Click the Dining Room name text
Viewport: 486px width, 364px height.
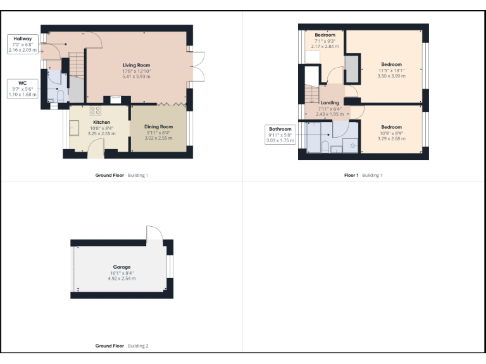pyautogui.click(x=158, y=127)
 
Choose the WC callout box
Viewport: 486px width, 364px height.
pyautogui.click(x=22, y=88)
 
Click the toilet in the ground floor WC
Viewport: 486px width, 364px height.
pyautogui.click(x=59, y=97)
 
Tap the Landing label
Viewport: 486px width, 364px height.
pyautogui.click(x=329, y=102)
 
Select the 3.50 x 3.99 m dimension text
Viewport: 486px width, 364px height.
pyautogui.click(x=391, y=75)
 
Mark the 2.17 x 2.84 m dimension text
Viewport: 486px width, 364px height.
pyautogui.click(x=325, y=46)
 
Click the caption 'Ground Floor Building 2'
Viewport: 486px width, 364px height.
pyautogui.click(x=121, y=346)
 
